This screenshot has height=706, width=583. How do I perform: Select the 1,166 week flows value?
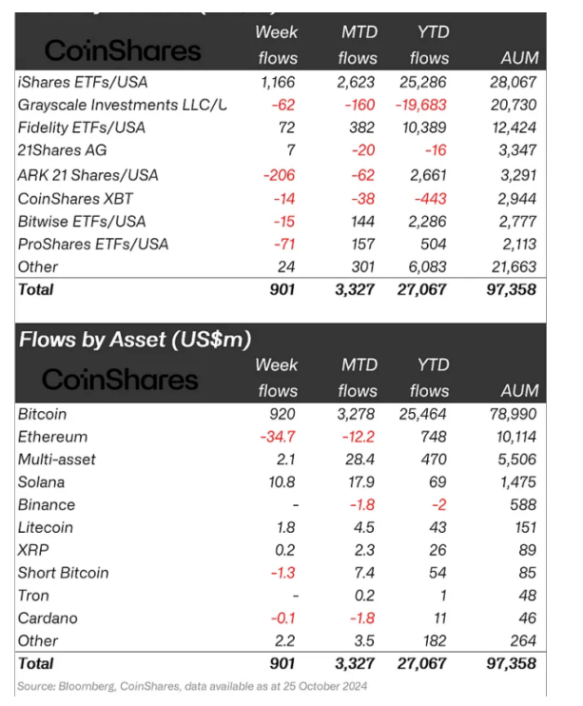277,81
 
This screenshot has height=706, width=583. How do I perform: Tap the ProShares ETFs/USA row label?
93,244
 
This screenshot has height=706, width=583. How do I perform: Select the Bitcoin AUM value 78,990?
515,415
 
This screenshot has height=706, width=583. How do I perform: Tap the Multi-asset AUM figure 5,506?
519,460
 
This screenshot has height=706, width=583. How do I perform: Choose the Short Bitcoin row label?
63,573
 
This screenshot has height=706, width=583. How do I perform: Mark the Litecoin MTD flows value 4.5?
366,527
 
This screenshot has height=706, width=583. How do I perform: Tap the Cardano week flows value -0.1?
282,618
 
